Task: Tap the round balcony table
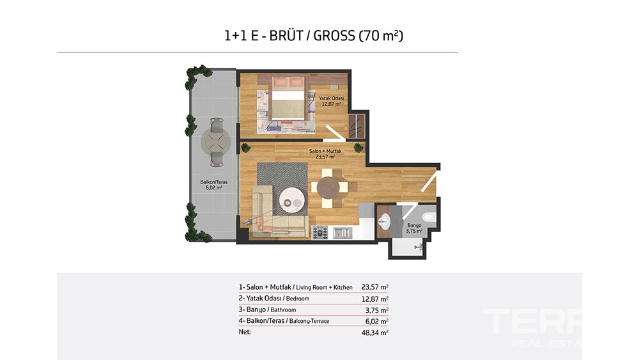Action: [x=216, y=143]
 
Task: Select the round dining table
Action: [x=328, y=188]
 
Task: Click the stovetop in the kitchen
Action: [x=320, y=232]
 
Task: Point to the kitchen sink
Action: [x=343, y=233]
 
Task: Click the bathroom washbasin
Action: [x=384, y=222]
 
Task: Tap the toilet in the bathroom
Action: [x=429, y=217]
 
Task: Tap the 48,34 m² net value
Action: [x=375, y=333]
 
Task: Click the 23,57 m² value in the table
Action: [x=375, y=287]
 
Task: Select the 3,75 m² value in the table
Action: [x=377, y=310]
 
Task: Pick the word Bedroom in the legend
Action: [x=298, y=299]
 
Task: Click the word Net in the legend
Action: [x=245, y=332]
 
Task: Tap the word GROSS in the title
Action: [x=334, y=36]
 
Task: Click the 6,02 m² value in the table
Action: [x=377, y=321]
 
